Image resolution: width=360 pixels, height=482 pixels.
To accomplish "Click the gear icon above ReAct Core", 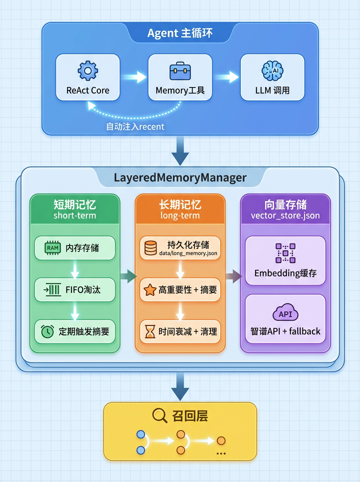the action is [x=88, y=71].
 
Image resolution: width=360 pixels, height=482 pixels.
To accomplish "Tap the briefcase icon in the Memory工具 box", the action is [x=180, y=71].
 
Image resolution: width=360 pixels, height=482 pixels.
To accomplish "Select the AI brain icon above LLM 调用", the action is [x=272, y=71].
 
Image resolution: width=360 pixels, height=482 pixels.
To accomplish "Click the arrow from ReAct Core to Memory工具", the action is [x=134, y=77].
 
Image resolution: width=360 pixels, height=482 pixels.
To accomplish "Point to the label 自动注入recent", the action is [x=135, y=127].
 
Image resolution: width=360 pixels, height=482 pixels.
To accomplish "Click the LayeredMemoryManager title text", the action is [x=180, y=178].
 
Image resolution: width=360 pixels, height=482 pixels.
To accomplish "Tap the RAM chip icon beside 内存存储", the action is [x=53, y=248].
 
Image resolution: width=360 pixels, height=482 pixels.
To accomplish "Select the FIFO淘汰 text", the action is [x=83, y=290].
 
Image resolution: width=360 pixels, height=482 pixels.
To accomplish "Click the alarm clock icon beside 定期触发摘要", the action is [x=47, y=331].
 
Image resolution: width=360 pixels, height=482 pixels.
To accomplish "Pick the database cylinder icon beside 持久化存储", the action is [x=150, y=248].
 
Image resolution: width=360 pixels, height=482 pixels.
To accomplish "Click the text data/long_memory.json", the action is [x=188, y=253].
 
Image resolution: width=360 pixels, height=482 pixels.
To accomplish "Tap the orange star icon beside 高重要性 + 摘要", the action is [x=150, y=290].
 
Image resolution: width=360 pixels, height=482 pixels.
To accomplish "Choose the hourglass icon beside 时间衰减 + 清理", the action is [x=150, y=331].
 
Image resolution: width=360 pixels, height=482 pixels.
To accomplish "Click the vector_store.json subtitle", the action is [x=285, y=216].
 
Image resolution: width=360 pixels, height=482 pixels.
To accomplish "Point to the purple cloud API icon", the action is [x=285, y=312].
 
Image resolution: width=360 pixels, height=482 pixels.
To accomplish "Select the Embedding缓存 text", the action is [x=285, y=273].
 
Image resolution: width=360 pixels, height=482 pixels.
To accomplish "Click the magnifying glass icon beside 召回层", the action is [x=160, y=415].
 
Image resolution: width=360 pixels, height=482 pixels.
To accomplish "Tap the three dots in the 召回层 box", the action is [x=221, y=453].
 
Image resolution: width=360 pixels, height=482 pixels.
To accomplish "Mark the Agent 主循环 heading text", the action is [x=180, y=33].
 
